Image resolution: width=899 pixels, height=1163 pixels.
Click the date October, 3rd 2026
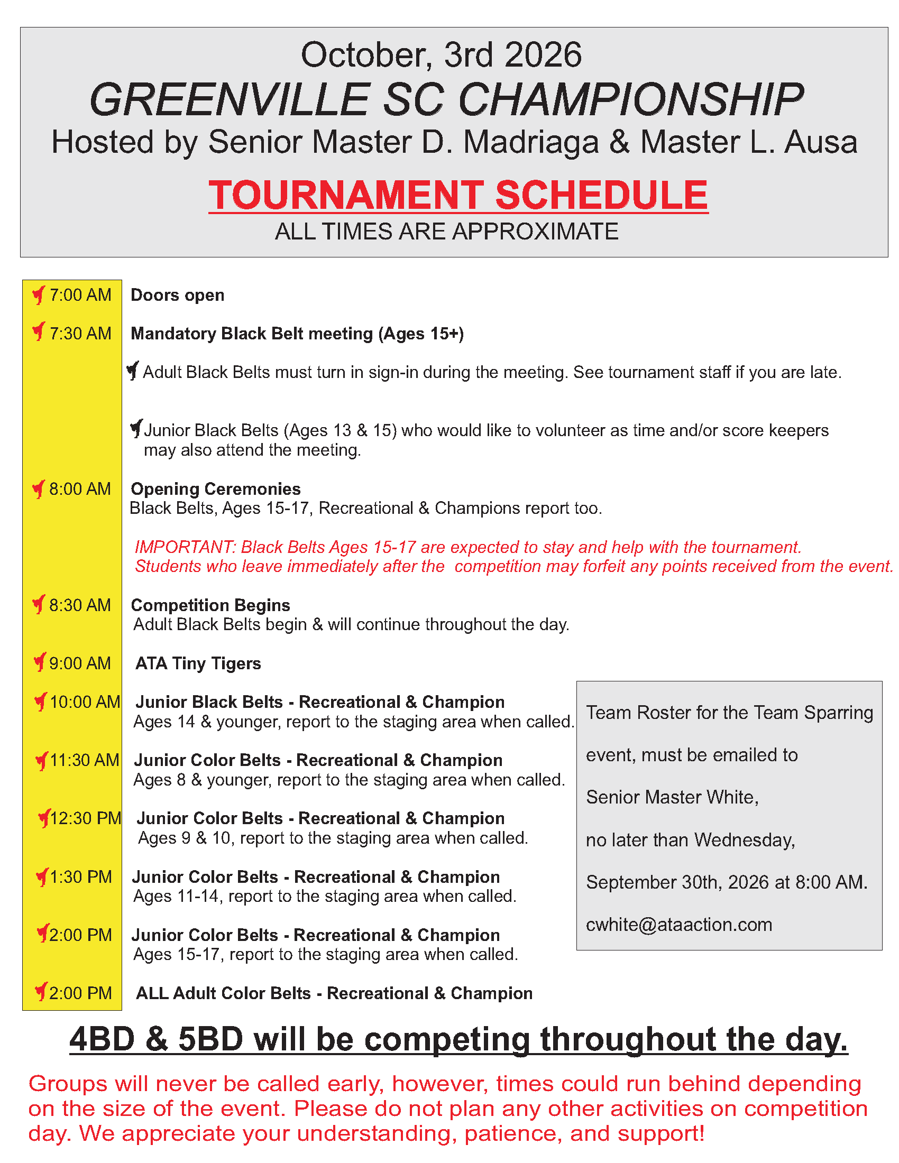click(x=441, y=55)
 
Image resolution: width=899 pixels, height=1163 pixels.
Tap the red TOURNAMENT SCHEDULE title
click(x=458, y=195)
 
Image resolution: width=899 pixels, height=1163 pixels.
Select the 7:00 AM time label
click(x=80, y=295)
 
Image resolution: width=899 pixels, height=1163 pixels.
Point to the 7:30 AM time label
click(x=80, y=334)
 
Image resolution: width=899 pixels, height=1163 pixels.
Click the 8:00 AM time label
click(x=80, y=489)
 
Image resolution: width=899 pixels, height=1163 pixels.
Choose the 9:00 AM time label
click(x=80, y=663)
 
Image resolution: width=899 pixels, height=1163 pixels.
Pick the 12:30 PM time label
click(x=86, y=818)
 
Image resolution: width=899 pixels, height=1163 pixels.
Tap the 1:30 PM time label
click(x=80, y=877)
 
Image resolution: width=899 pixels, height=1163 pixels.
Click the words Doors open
click(x=177, y=296)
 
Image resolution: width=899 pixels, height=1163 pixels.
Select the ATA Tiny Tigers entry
click(x=198, y=664)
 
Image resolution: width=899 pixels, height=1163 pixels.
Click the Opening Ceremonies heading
click(x=216, y=490)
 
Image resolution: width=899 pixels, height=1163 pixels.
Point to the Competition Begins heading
click(x=210, y=605)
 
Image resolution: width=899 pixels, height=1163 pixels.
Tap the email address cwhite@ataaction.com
click(x=679, y=925)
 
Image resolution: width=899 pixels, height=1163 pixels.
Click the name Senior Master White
click(x=672, y=798)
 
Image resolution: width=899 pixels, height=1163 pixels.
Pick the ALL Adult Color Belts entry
click(x=334, y=994)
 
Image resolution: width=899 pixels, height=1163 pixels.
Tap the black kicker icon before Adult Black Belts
click(x=133, y=371)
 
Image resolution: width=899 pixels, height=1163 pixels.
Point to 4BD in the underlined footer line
click(x=102, y=1039)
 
